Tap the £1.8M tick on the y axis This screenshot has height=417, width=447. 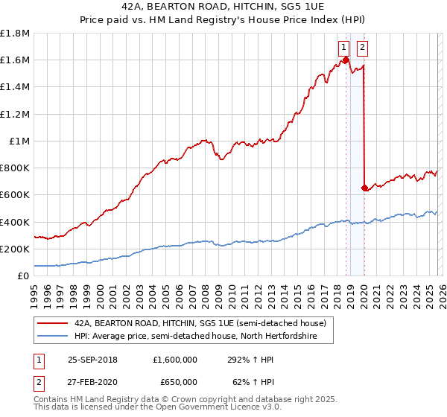(15, 34)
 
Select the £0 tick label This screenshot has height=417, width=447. (25, 276)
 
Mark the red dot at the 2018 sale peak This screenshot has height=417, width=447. (346, 60)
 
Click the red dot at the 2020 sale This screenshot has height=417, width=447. (364, 188)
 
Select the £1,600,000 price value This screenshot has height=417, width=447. (175, 359)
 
